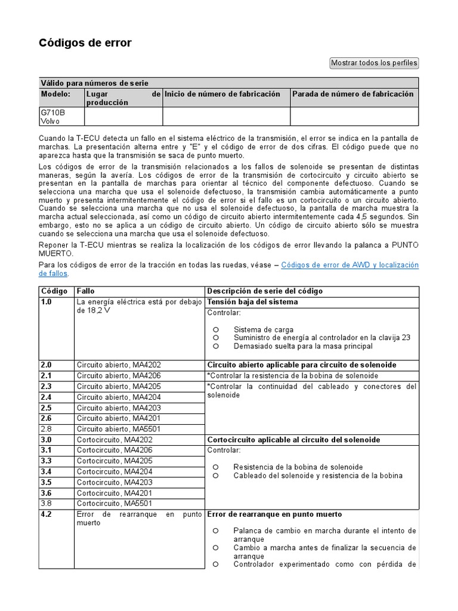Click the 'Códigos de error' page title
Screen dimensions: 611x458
85,43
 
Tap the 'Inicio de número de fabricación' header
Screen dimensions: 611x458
222,94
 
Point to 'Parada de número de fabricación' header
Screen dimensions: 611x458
352,94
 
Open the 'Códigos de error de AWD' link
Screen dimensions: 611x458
349,265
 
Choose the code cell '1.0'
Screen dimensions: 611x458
47,302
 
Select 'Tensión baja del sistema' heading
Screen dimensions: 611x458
252,302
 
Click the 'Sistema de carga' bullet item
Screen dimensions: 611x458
263,329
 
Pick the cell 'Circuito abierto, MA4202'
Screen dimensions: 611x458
119,365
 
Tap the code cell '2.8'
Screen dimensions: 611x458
47,429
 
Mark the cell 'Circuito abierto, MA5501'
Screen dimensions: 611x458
119,429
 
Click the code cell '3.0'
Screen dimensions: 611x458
47,440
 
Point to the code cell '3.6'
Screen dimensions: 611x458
47,493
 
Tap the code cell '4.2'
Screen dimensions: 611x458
47,514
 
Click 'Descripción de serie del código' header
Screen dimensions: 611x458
265,291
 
